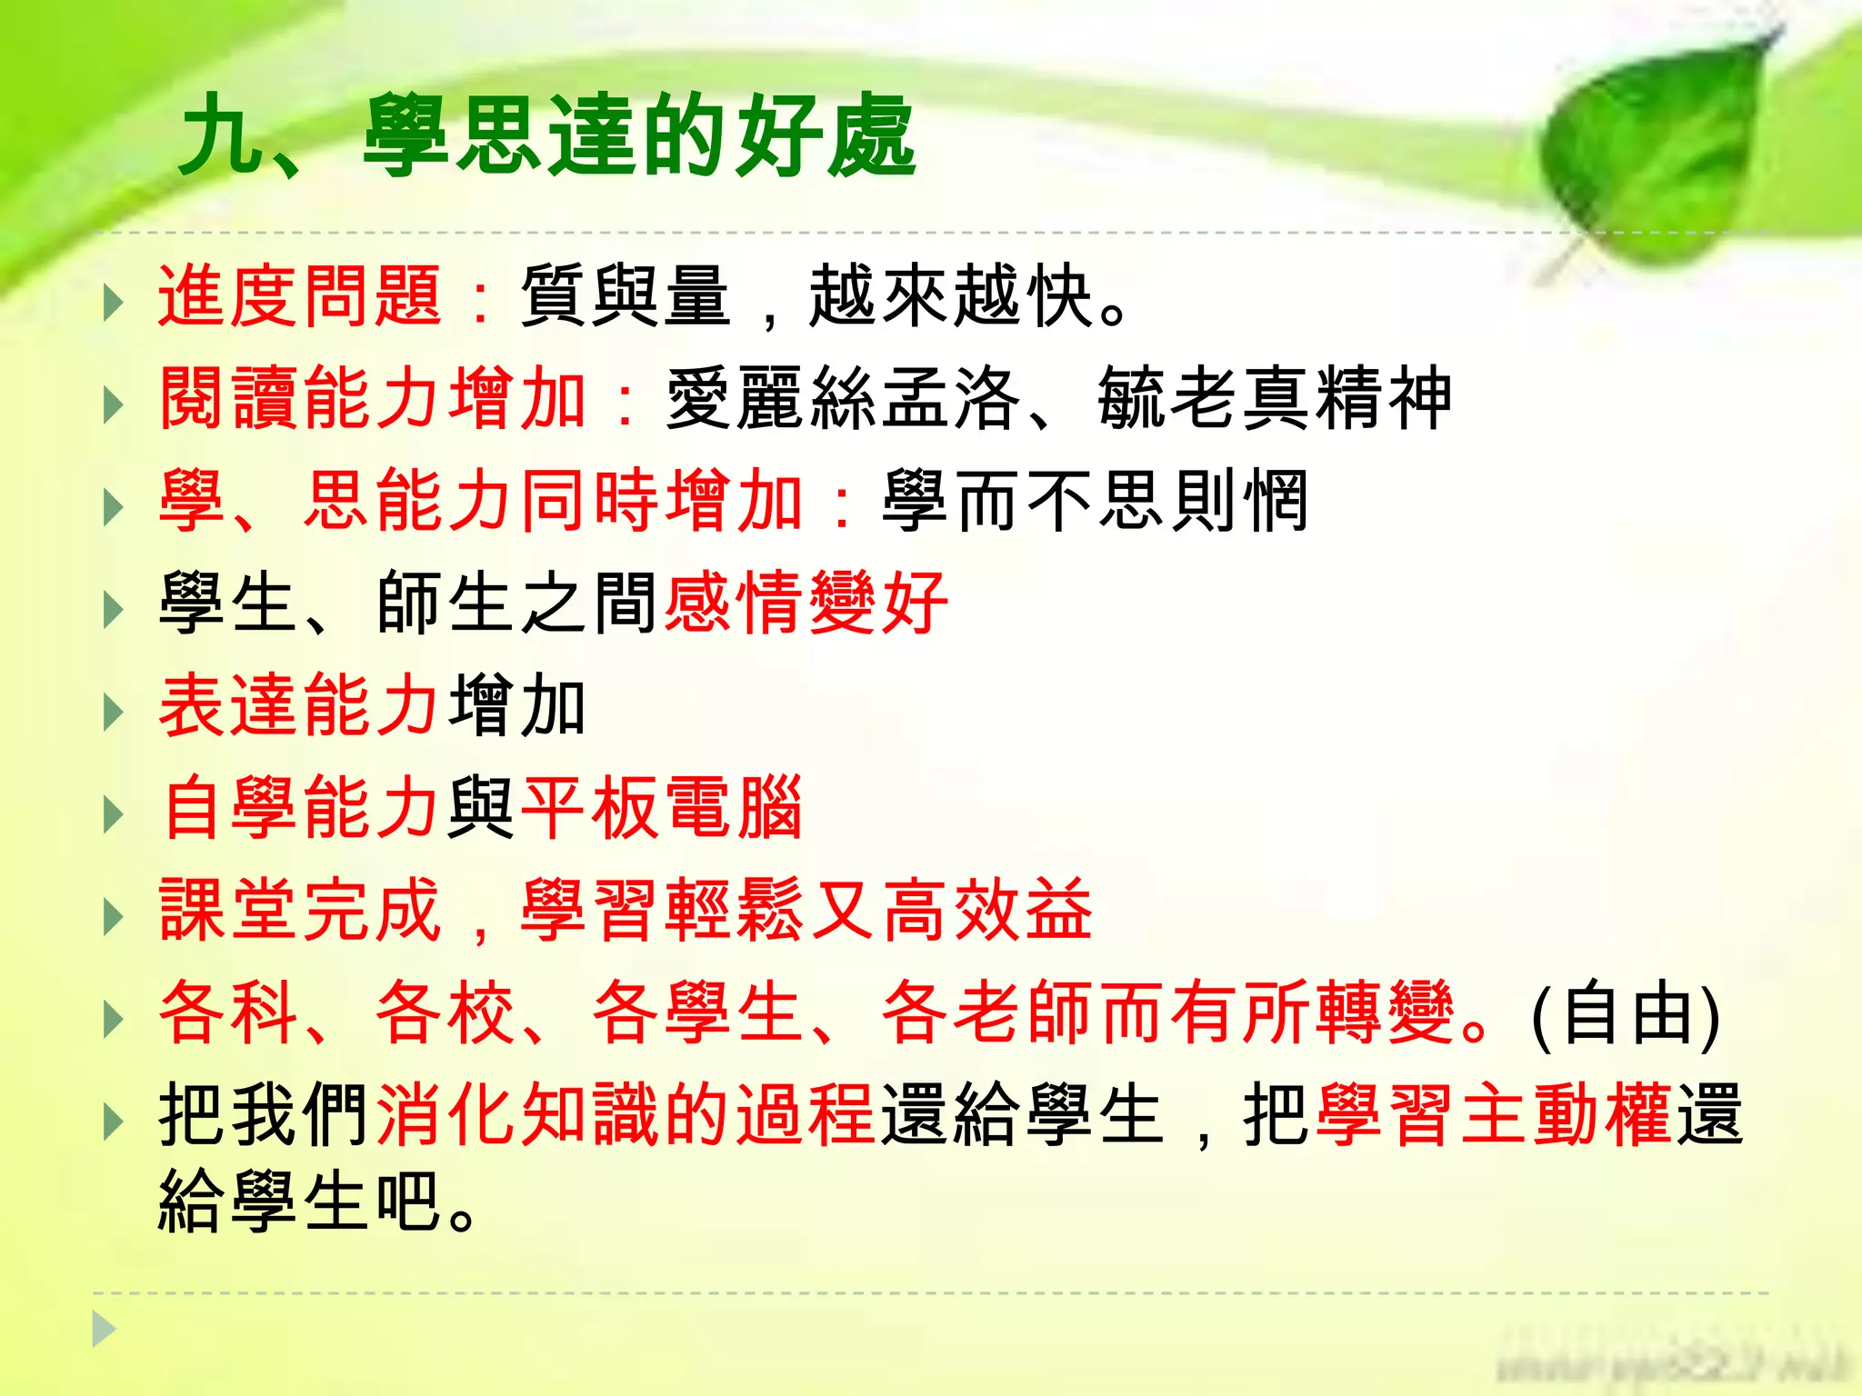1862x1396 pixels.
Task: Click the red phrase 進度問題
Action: click(x=300, y=296)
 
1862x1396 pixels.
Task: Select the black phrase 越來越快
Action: click(x=950, y=296)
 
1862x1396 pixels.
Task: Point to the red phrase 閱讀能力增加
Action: click(x=373, y=398)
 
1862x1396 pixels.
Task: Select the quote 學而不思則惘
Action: click(x=1096, y=501)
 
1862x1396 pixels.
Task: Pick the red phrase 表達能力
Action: click(x=300, y=705)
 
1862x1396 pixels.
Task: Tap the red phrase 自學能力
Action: click(x=300, y=807)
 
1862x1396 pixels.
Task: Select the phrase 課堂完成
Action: click(x=300, y=910)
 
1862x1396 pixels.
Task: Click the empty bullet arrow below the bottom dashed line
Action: click(x=104, y=1330)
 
